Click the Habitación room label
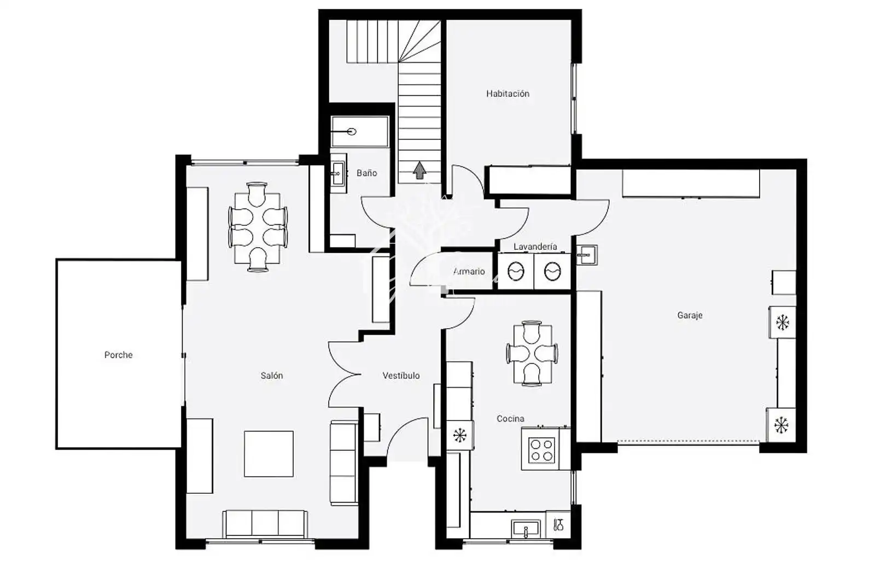pyautogui.click(x=507, y=94)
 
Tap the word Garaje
pyautogui.click(x=690, y=315)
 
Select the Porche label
pyautogui.click(x=118, y=355)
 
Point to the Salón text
pyautogui.click(x=272, y=376)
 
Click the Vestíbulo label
pyautogui.click(x=401, y=376)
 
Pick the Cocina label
pyautogui.click(x=511, y=419)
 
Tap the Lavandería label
pyautogui.click(x=535, y=247)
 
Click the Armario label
pyautogui.click(x=469, y=271)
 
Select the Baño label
pyautogui.click(x=367, y=173)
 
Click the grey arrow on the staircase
pyautogui.click(x=419, y=170)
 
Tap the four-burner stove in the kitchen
pyautogui.click(x=541, y=450)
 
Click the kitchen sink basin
pyautogui.click(x=526, y=529)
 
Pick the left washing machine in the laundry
pyautogui.click(x=516, y=271)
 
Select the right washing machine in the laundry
pyautogui.click(x=552, y=271)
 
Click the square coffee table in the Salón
pyautogui.click(x=269, y=454)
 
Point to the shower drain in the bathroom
pyautogui.click(x=352, y=132)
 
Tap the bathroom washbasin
pyautogui.click(x=339, y=173)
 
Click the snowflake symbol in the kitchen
pyautogui.click(x=460, y=435)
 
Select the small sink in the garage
pyautogui.click(x=587, y=255)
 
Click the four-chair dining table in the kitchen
pyautogui.click(x=532, y=353)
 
